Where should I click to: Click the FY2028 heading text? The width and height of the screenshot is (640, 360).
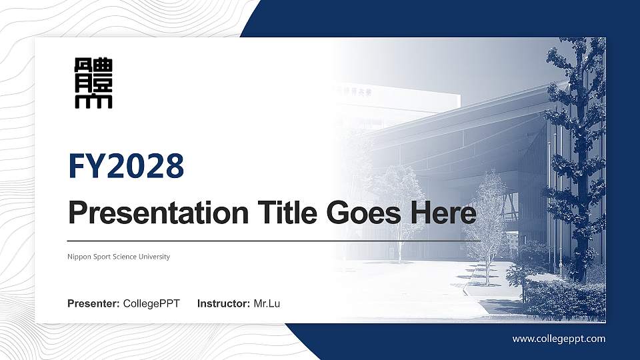(x=126, y=166)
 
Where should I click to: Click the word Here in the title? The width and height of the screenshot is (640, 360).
(x=443, y=214)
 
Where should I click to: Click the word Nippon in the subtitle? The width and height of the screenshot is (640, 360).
(x=79, y=257)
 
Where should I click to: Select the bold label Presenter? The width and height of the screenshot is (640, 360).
(x=93, y=304)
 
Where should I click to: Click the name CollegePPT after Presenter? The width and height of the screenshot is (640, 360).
(x=151, y=304)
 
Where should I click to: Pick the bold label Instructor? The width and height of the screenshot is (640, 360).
(x=224, y=304)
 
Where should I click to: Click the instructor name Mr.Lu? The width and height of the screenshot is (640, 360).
(x=267, y=304)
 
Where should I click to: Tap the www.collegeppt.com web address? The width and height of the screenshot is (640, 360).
(x=559, y=339)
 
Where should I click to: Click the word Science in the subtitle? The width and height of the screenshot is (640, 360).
(x=125, y=257)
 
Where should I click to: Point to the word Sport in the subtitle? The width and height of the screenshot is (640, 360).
(x=102, y=257)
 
